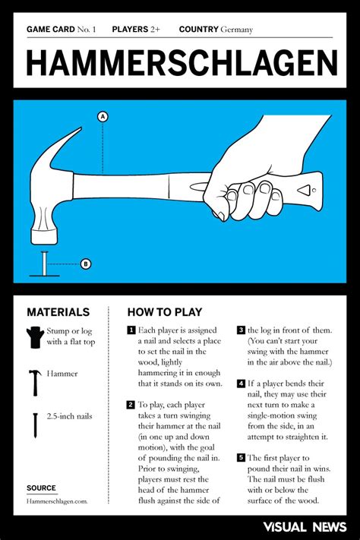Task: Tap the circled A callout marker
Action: pos(102,116)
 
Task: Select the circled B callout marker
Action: pos(86,264)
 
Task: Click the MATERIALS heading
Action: pos(58,312)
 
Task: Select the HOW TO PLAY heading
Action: pos(164,312)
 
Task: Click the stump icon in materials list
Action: pos(34,337)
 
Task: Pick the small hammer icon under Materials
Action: pos(34,382)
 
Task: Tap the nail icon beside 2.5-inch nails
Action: pos(34,425)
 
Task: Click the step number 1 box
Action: pos(131,330)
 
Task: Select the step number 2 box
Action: pos(131,405)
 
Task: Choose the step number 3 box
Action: pos(240,330)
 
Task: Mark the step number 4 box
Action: pos(240,384)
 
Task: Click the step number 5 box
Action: pos(240,458)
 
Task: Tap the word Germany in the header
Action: pos(237,30)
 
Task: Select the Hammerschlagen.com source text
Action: pos(57,501)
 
